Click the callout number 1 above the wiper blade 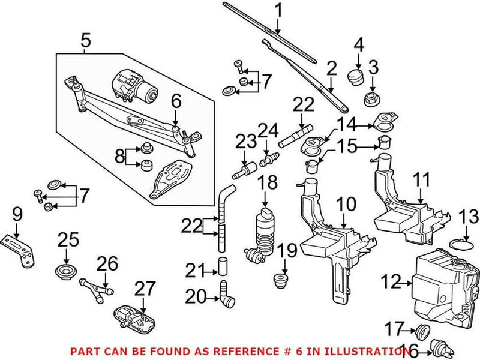point(278,10)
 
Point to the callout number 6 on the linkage point(176,101)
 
